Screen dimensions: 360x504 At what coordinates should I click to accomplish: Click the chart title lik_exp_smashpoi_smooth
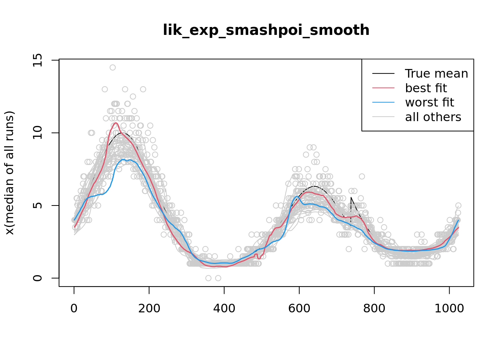[266, 30]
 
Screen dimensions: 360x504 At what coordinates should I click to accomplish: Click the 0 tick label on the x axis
[74, 308]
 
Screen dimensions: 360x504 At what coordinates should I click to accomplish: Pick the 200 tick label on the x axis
[149, 308]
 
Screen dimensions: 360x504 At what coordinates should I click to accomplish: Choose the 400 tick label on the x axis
[224, 308]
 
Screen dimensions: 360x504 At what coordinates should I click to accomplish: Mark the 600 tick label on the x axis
[299, 308]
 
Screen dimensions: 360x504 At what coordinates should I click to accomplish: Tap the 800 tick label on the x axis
[374, 308]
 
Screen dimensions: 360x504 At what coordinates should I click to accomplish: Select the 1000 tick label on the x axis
[449, 308]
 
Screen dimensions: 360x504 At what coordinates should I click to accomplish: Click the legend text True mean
[436, 73]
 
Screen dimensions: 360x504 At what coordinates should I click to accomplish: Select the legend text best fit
[426, 88]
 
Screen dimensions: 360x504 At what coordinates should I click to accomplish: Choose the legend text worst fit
[429, 102]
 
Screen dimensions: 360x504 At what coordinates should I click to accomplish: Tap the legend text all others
[433, 117]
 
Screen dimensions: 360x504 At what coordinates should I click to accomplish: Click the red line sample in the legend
[383, 88]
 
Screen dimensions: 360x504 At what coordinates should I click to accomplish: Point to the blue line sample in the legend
[383, 102]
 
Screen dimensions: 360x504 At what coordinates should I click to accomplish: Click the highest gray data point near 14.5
[112, 67]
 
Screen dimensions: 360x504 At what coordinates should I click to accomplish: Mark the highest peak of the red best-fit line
[116, 123]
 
